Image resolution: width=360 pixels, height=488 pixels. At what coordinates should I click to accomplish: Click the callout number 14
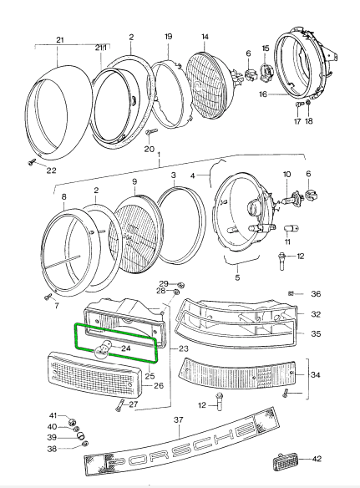(205, 36)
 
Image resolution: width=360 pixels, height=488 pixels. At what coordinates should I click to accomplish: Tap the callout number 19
(168, 37)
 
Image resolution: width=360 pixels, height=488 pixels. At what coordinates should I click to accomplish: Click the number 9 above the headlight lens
(134, 181)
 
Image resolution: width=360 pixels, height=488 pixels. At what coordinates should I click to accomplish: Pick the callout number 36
(315, 293)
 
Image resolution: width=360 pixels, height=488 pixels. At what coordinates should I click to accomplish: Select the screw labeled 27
(122, 405)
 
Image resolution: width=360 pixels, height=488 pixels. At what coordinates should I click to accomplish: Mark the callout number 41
(52, 415)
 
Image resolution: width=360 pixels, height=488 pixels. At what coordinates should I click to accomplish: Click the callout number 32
(315, 315)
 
